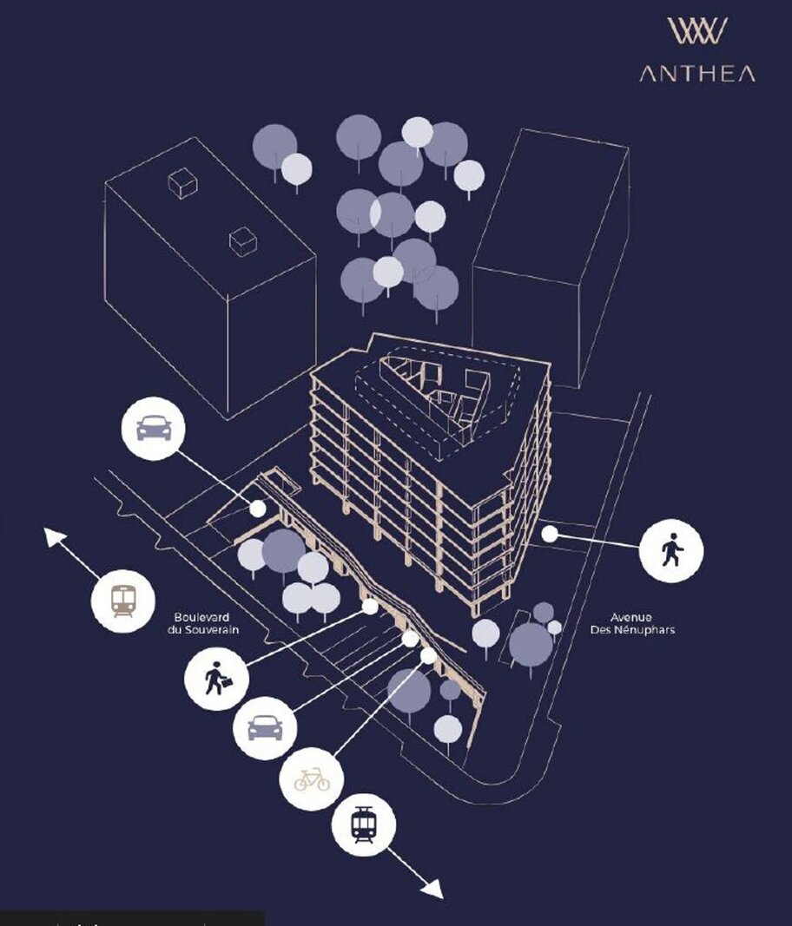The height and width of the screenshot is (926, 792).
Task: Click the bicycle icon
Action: pyautogui.click(x=312, y=779)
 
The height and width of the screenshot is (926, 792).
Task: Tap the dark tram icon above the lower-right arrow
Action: pyautogui.click(x=362, y=825)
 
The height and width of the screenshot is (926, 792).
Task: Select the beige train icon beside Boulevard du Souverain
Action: pyautogui.click(x=123, y=601)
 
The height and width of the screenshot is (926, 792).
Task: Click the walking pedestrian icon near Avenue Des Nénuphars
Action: pyautogui.click(x=671, y=550)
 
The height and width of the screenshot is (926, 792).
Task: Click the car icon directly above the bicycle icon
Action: pyautogui.click(x=265, y=728)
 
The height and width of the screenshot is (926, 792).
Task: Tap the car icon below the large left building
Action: pyautogui.click(x=154, y=428)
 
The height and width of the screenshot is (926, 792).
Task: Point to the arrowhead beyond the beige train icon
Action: pyautogui.click(x=55, y=537)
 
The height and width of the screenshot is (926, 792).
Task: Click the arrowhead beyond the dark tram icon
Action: pyautogui.click(x=432, y=889)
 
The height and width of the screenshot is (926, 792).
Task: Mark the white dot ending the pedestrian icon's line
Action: pyautogui.click(x=550, y=534)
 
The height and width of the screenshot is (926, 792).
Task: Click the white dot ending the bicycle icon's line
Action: pyautogui.click(x=428, y=655)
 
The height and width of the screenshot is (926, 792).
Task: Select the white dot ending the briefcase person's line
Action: pyautogui.click(x=370, y=607)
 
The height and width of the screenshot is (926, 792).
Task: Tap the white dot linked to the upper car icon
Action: pyautogui.click(x=258, y=508)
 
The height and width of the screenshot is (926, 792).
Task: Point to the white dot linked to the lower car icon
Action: pyautogui.click(x=410, y=639)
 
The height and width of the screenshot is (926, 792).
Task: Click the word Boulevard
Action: pyautogui.click(x=201, y=618)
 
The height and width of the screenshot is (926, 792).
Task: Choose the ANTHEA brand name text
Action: pyautogui.click(x=697, y=74)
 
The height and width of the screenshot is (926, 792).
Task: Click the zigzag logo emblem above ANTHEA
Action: pyautogui.click(x=697, y=30)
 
